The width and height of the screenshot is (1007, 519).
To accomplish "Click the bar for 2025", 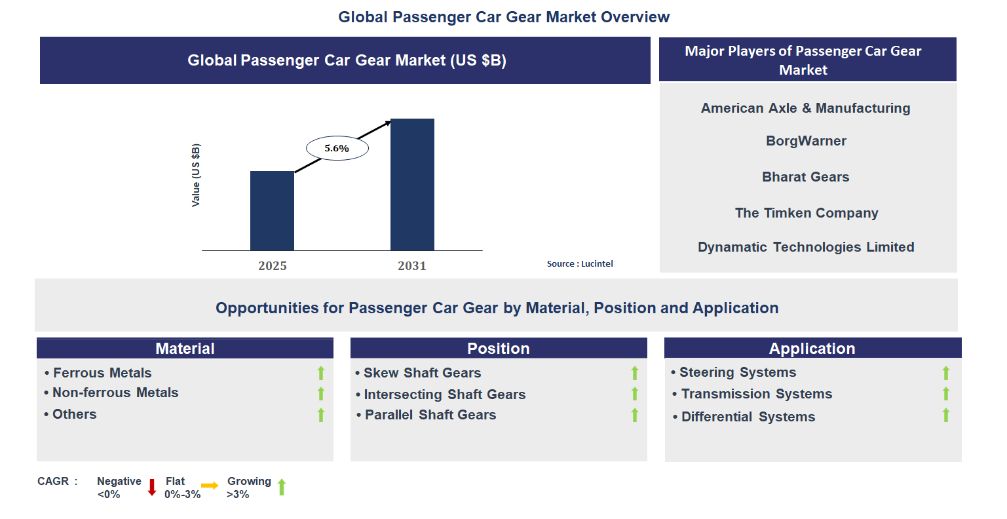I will (x=272, y=210).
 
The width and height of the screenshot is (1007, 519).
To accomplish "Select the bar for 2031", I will (x=412, y=184).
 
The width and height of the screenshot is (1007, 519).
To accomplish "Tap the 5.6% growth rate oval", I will (x=337, y=149).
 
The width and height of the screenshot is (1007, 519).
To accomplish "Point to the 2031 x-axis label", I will (x=411, y=265).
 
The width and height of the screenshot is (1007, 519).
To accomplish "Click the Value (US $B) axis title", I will (x=195, y=175).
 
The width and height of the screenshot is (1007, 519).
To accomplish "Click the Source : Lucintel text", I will (x=580, y=263).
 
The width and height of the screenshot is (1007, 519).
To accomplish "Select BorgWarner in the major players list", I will (x=806, y=141).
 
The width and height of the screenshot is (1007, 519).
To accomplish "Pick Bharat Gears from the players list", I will (x=805, y=177).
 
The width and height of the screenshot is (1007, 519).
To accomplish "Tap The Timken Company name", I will (x=807, y=213).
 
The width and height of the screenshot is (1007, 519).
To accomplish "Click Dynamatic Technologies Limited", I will (x=806, y=247).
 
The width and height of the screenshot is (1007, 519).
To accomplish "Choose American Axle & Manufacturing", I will (x=805, y=108).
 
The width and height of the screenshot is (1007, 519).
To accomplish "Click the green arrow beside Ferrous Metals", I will (x=321, y=373).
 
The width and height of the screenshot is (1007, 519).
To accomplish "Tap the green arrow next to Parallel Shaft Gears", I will (x=634, y=415).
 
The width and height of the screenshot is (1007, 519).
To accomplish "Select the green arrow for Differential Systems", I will (x=945, y=415).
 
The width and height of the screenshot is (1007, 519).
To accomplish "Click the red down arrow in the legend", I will (x=152, y=487).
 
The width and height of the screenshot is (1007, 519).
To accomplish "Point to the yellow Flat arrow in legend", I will (x=210, y=486).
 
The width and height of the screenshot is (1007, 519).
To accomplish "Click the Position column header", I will (x=498, y=349).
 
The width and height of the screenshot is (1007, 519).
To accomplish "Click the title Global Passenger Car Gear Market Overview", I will (x=503, y=17).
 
